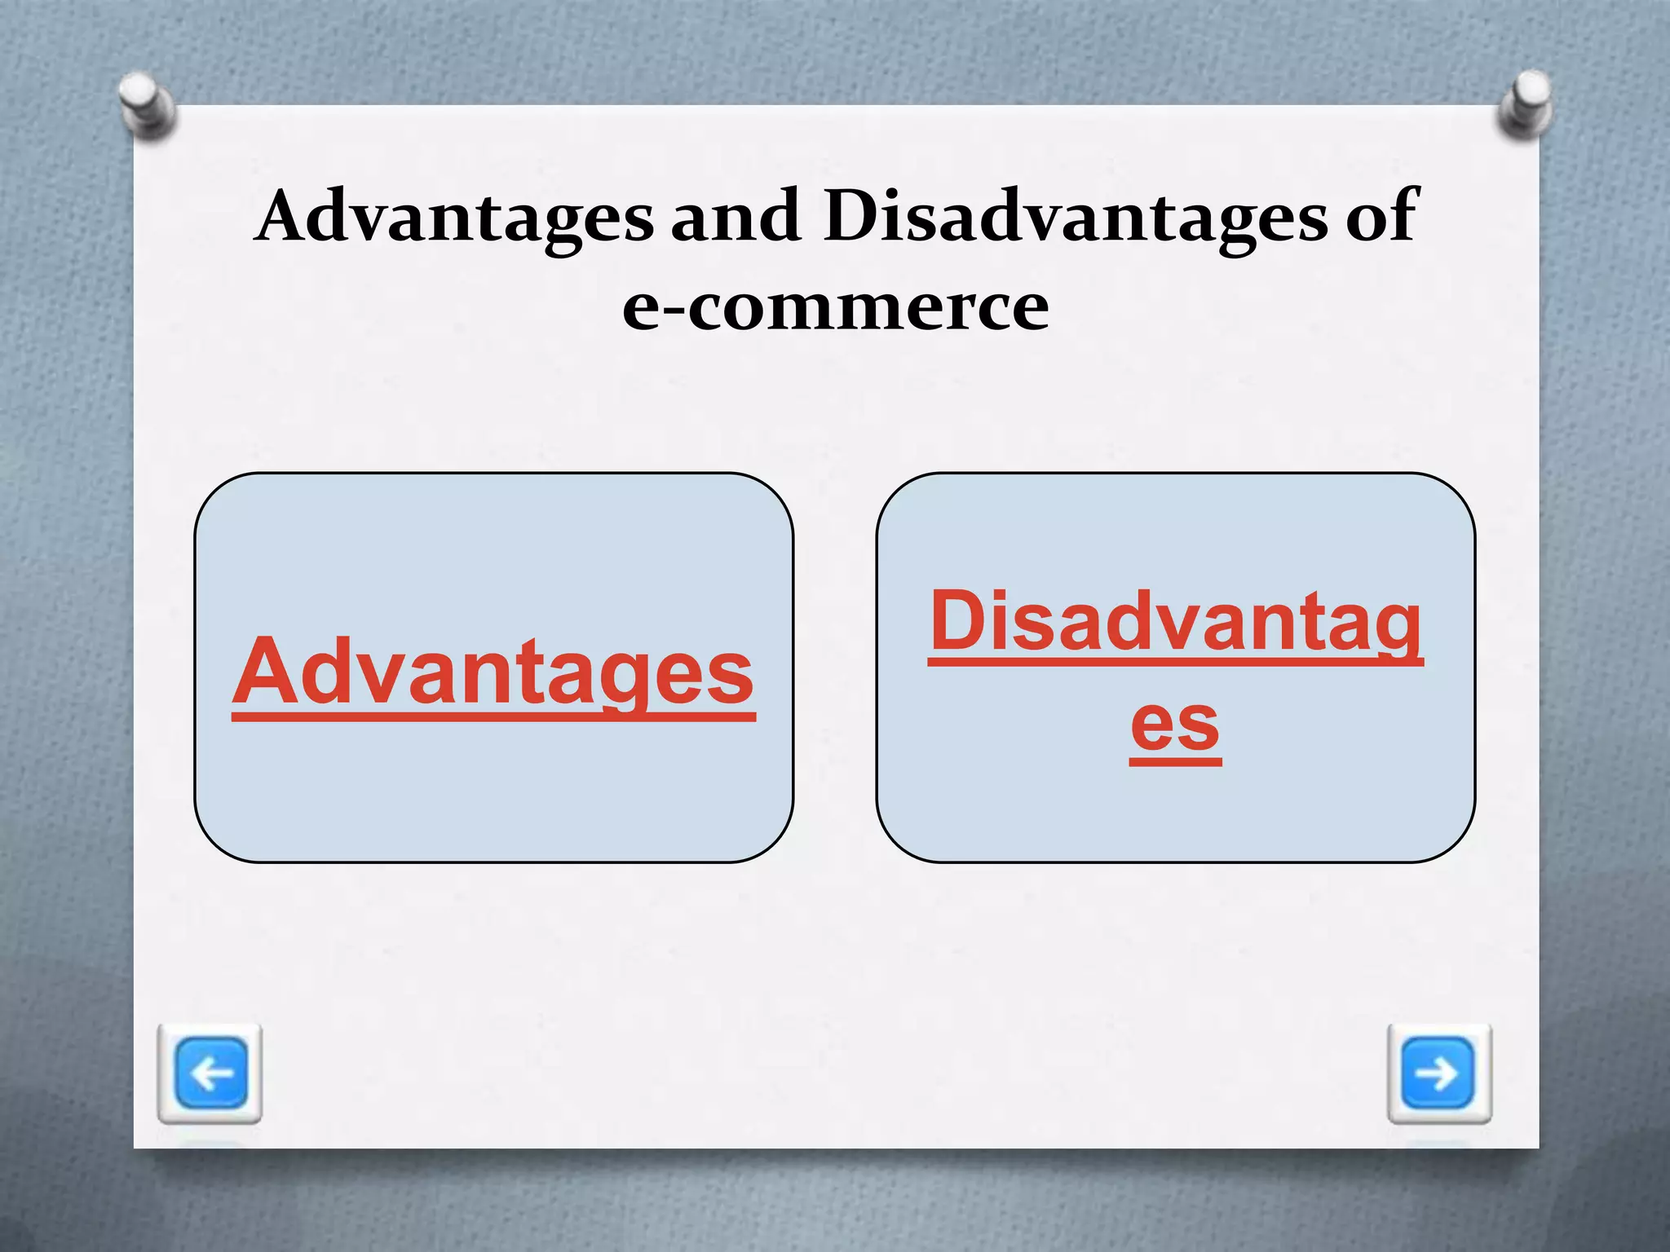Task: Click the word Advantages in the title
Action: pyautogui.click(x=455, y=217)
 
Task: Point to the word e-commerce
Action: pyautogui.click(x=835, y=308)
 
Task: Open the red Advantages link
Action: pyautogui.click(x=494, y=673)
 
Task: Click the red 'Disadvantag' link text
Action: pyautogui.click(x=1175, y=624)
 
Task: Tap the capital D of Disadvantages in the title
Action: pyautogui.click(x=851, y=215)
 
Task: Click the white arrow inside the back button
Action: pyautogui.click(x=211, y=1073)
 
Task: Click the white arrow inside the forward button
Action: pyautogui.click(x=1438, y=1073)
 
